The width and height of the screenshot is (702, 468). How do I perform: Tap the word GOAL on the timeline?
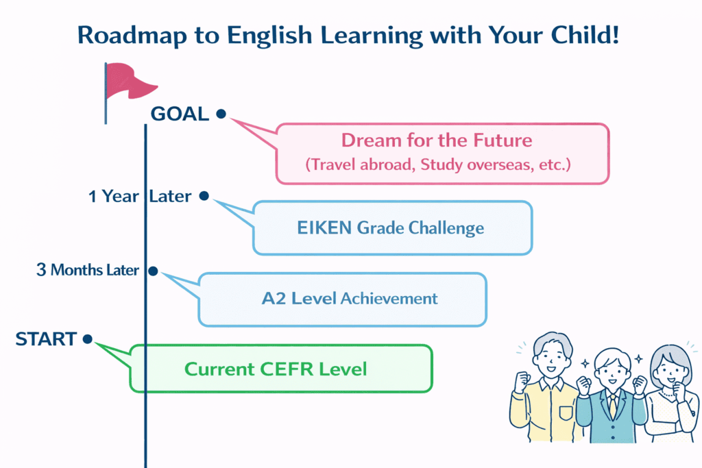180,114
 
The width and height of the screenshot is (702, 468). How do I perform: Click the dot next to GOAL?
221,114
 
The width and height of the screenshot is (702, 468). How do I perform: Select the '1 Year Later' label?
140,197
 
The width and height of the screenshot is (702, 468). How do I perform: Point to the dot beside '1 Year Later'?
204,196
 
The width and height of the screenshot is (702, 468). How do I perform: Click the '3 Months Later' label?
87,270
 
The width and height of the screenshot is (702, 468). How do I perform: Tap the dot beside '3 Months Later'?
154,271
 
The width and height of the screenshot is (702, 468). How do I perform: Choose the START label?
46,338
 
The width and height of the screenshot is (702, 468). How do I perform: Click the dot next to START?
87,338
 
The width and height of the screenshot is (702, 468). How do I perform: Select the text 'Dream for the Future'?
437,140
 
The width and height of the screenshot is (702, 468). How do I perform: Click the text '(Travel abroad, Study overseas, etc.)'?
437,165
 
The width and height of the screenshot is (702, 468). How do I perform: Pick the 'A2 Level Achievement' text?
350,299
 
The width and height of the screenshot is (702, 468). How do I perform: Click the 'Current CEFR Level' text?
276,369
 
